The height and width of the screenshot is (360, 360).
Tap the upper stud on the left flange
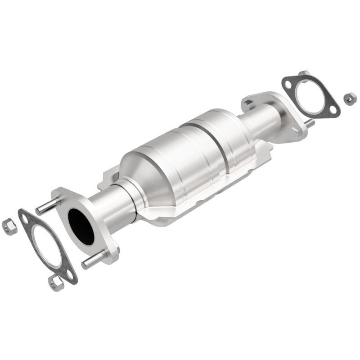(48, 206)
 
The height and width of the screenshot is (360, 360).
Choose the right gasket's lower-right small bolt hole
(331, 108)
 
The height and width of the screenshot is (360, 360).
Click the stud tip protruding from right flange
(310, 122)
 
